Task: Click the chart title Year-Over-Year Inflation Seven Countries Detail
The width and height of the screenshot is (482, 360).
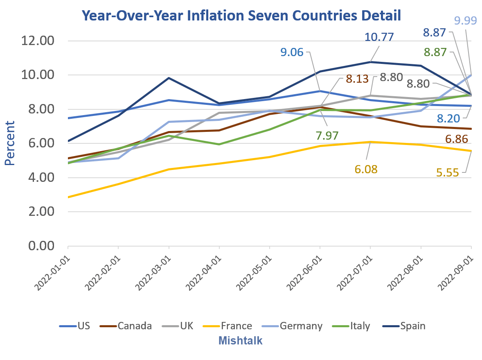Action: coord(241,15)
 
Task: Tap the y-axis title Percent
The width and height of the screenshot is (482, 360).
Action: coord(10,143)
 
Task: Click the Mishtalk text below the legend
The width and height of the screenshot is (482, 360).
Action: coord(241,340)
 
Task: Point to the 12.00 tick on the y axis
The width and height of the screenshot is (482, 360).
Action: coord(40,41)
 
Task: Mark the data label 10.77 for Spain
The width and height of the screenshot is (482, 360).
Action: coord(379,37)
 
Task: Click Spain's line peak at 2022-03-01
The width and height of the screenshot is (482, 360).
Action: coord(169,78)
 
